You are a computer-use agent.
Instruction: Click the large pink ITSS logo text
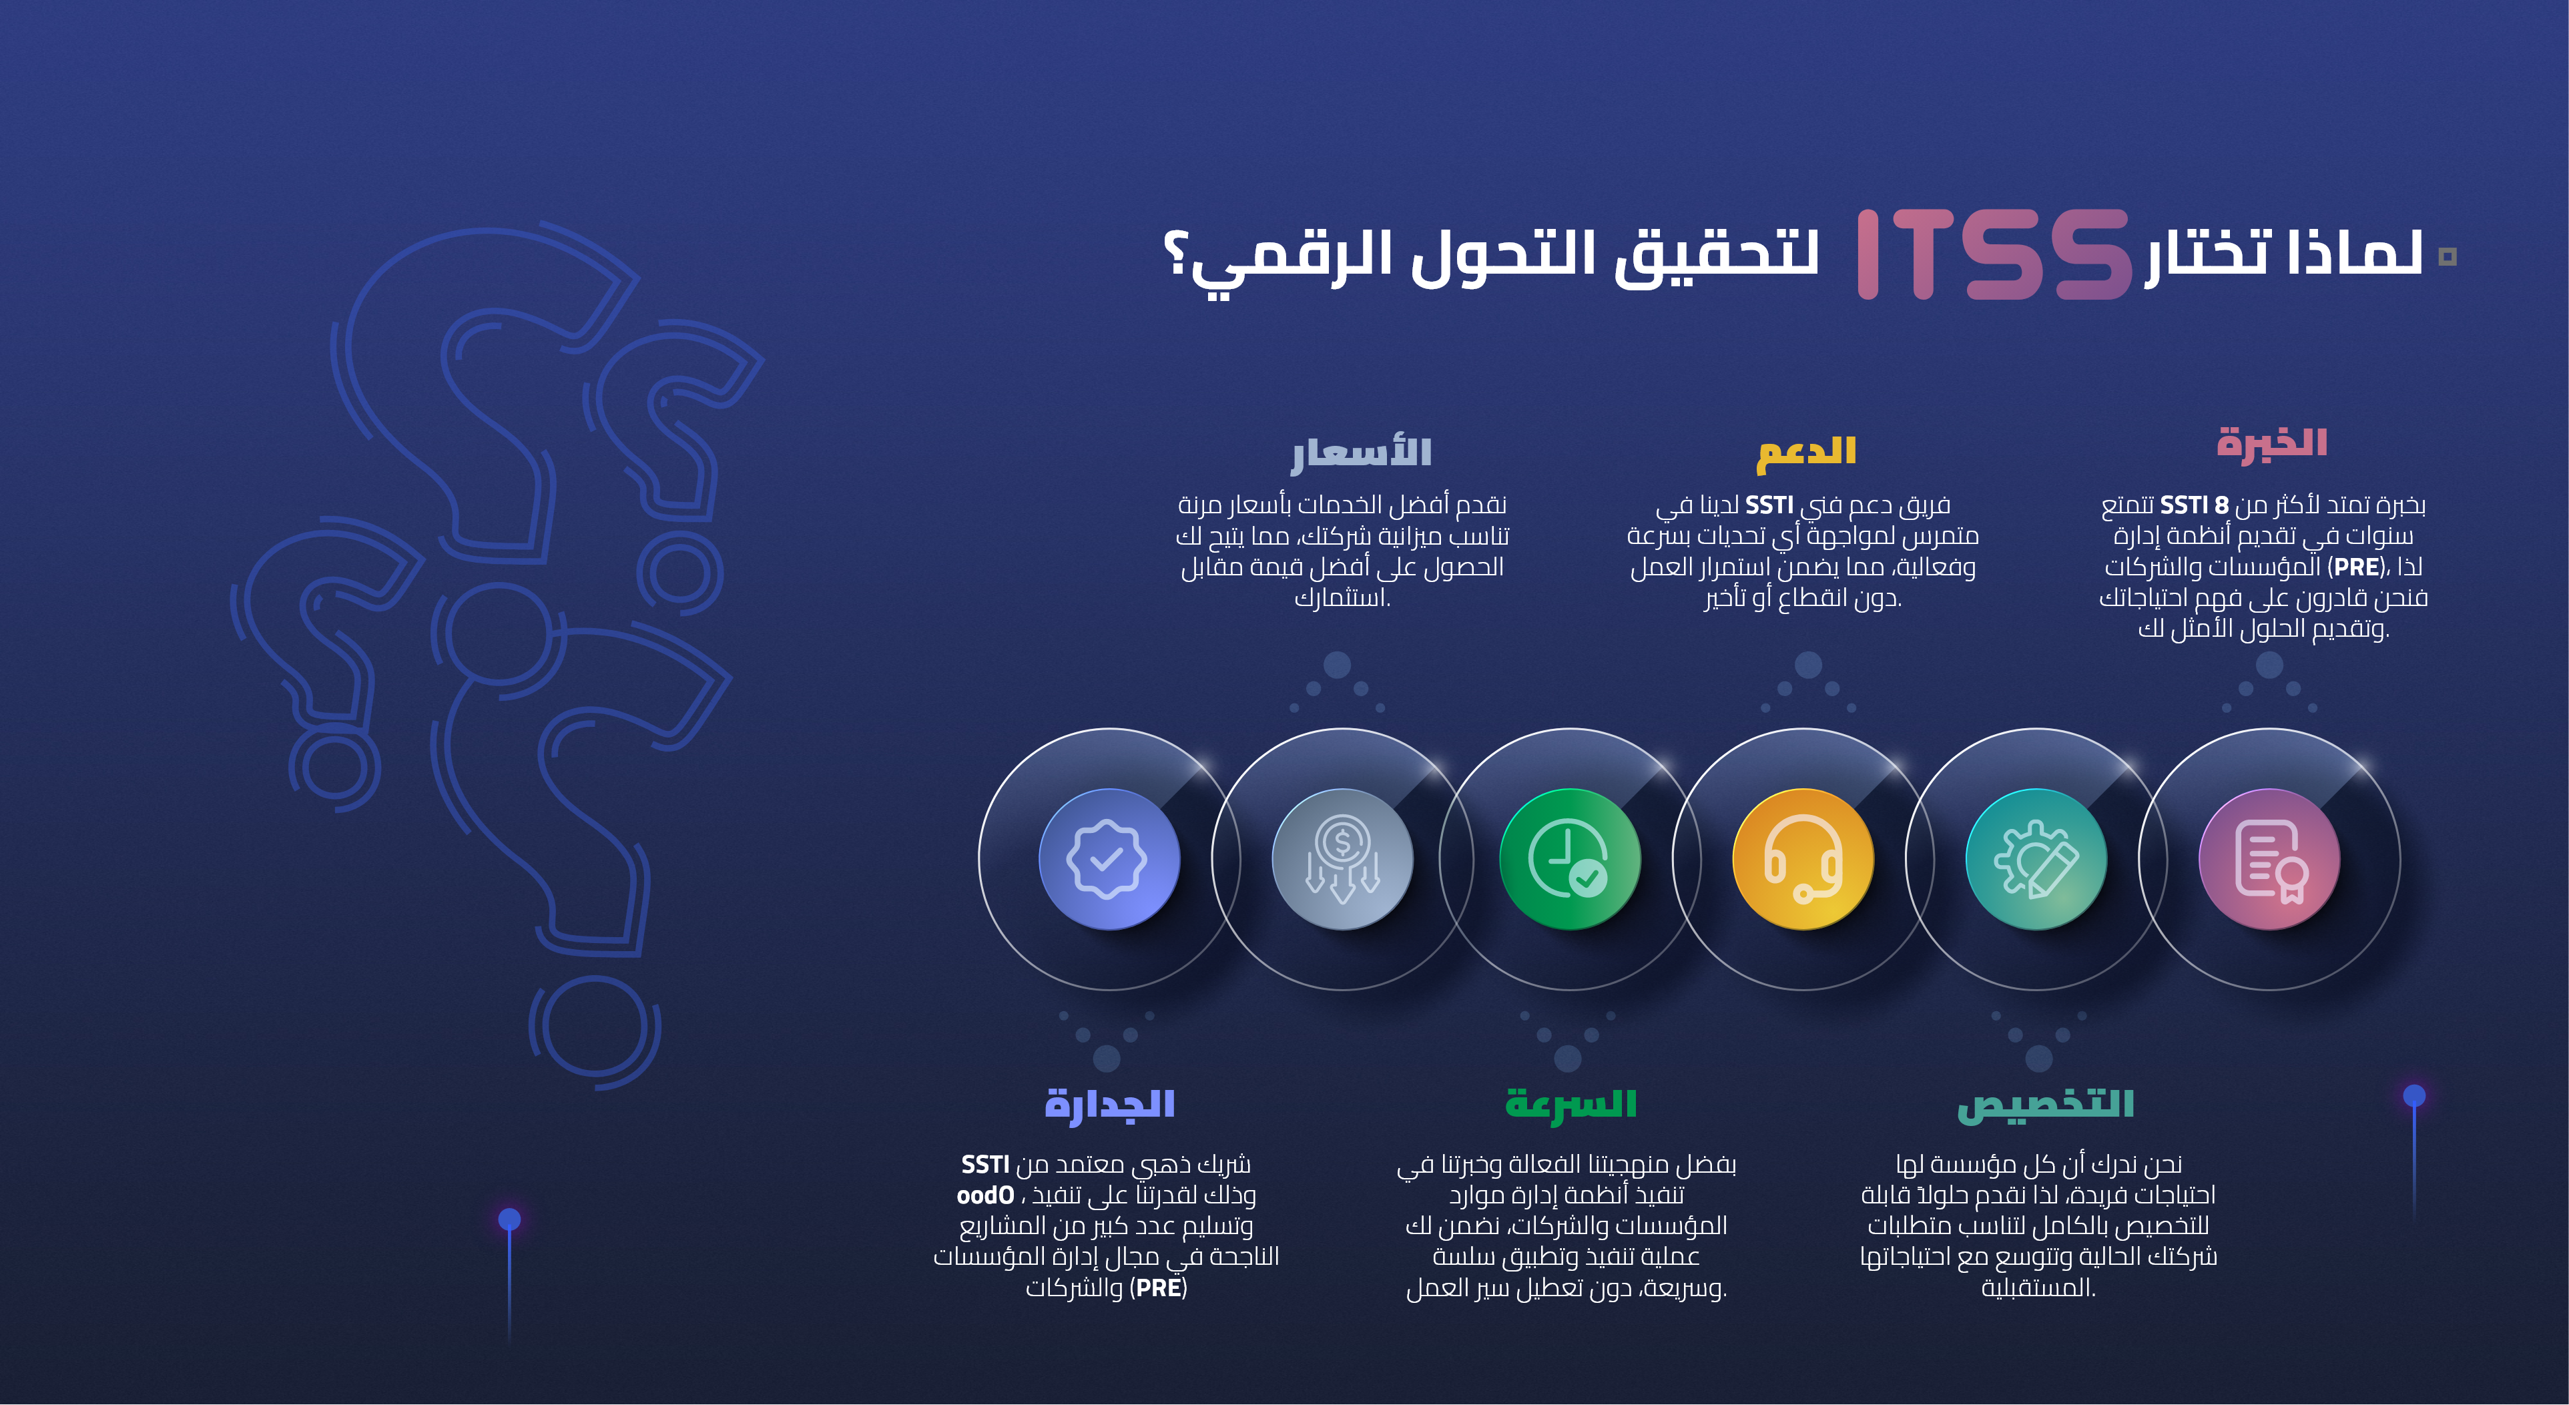[x=1992, y=254]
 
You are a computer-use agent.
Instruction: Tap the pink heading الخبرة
[x=2272, y=443]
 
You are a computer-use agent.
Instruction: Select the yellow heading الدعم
[x=1806, y=451]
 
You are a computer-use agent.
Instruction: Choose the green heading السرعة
[x=1571, y=1105]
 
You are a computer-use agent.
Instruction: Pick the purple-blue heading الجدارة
[x=1109, y=1105]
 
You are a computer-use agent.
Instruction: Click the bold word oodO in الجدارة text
[x=985, y=1195]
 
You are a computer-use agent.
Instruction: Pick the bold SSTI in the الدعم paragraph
[x=1769, y=505]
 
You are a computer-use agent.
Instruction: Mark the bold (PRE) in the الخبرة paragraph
[x=2357, y=567]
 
